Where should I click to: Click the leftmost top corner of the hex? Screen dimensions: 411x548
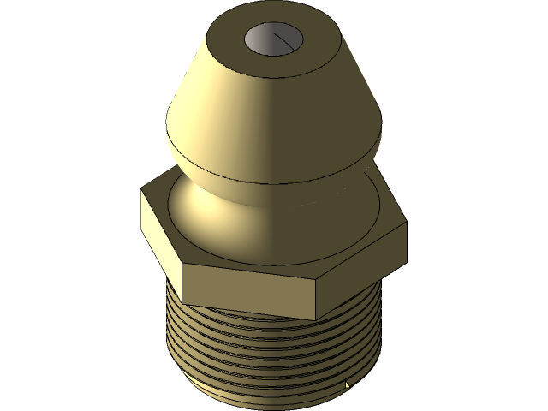click(x=141, y=194)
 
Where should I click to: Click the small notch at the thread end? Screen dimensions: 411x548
click(x=348, y=386)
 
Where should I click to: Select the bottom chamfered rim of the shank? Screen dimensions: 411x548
click(x=257, y=402)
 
